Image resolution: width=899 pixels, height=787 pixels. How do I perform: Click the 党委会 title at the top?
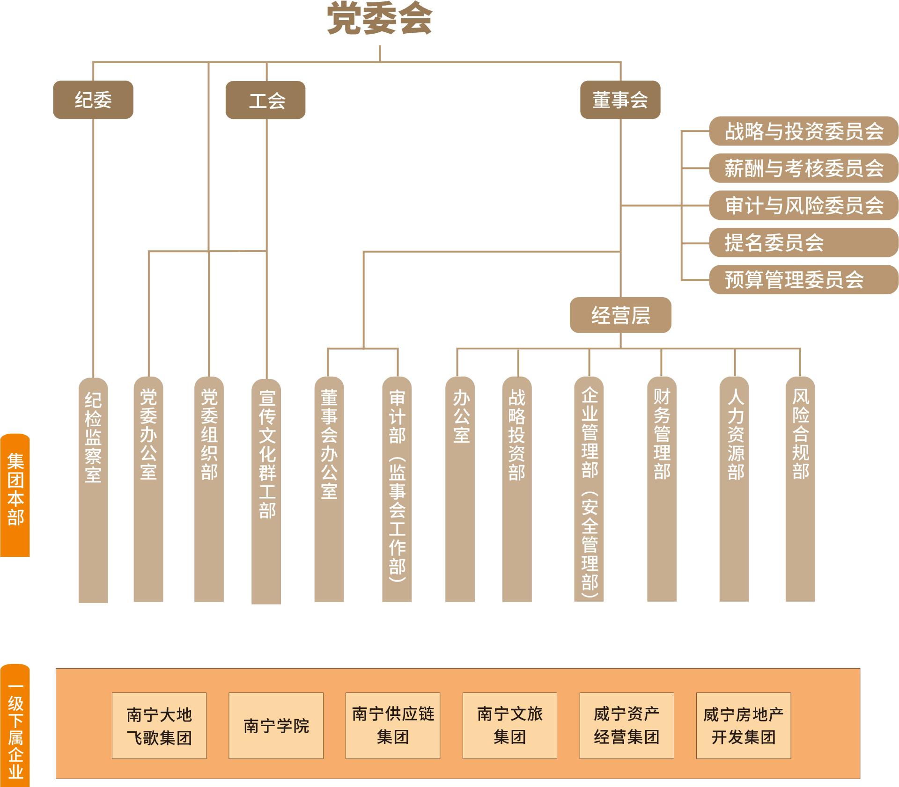(379, 20)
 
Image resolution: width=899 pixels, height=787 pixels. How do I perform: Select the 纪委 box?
(93, 100)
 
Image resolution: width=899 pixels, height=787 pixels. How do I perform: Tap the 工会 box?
(265, 100)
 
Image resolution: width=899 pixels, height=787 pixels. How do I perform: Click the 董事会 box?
(620, 100)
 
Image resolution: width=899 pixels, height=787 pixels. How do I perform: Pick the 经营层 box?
(620, 315)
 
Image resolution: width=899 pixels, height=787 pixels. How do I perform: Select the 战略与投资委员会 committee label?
(803, 131)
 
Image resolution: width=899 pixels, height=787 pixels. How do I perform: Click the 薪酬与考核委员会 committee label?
(803, 168)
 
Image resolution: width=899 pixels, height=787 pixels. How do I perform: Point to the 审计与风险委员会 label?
(803, 205)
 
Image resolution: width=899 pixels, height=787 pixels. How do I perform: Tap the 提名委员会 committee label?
(803, 242)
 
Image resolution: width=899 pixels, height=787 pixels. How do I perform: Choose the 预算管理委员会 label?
(803, 280)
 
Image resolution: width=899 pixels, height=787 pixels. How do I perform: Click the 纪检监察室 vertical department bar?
(93, 489)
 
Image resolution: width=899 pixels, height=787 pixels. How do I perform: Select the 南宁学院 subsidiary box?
(276, 726)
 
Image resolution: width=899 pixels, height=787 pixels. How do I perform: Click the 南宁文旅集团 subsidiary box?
(509, 726)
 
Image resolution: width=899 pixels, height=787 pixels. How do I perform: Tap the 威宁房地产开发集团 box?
(743, 726)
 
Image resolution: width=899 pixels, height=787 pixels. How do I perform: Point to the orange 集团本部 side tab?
(15, 495)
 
